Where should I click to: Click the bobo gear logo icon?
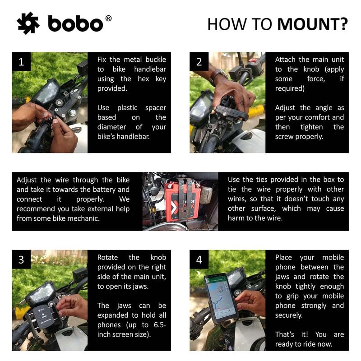[28, 23]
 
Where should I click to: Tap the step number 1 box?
[21, 62]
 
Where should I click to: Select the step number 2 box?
[199, 62]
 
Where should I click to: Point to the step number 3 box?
[21, 260]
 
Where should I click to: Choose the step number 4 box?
[199, 260]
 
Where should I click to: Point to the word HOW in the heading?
[225, 24]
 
